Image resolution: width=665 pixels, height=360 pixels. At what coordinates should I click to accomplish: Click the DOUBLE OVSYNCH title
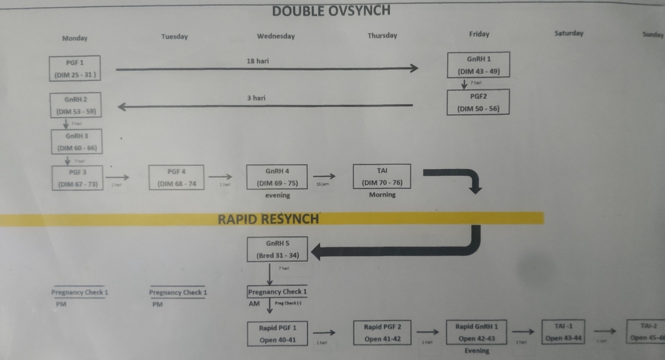(x=331, y=10)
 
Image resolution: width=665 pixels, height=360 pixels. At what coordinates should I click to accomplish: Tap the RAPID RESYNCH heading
(x=268, y=219)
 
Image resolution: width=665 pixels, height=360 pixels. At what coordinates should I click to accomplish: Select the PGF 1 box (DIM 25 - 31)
(x=73, y=68)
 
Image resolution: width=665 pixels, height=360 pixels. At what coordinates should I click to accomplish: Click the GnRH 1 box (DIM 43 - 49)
(x=479, y=65)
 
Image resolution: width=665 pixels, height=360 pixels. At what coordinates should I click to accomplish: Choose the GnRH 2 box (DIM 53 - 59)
(x=76, y=105)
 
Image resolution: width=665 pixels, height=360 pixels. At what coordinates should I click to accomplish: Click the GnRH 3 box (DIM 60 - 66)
(x=76, y=142)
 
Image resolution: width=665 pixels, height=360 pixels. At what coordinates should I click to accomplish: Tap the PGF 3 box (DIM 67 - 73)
(x=77, y=177)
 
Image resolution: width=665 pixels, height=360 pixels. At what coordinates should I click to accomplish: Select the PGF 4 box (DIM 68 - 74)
(x=177, y=177)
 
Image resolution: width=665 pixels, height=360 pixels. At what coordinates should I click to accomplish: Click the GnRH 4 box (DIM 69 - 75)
(x=277, y=177)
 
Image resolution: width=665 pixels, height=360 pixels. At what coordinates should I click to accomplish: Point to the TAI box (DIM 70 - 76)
(x=382, y=177)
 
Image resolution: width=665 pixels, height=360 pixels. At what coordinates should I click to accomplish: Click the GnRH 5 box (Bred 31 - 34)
(x=277, y=249)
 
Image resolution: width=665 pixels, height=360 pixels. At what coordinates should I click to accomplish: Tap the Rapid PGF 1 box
(x=277, y=333)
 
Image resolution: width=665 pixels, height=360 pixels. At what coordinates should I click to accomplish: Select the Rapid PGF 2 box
(x=382, y=332)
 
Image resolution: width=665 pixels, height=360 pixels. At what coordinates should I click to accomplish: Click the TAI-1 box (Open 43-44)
(x=563, y=331)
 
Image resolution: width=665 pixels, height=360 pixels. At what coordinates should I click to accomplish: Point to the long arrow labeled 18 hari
(x=267, y=68)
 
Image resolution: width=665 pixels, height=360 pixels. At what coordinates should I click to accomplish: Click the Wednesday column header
(x=276, y=36)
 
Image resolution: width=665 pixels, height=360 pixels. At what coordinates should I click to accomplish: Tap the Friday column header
(x=479, y=34)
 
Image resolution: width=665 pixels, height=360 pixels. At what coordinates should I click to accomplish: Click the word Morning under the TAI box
(x=382, y=195)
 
